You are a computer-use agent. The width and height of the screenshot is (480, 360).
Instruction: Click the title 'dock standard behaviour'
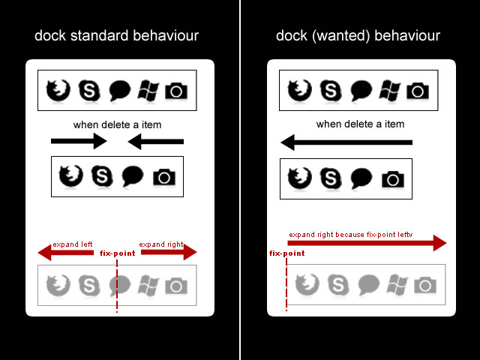[x=116, y=35]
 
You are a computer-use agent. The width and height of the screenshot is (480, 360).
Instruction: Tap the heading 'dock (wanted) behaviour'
[x=358, y=35]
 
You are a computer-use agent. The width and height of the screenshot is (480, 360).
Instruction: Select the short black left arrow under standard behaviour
[x=156, y=140]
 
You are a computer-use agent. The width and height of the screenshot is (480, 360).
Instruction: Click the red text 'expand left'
[x=72, y=244]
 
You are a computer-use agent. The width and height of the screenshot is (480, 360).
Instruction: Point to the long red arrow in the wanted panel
[x=367, y=242]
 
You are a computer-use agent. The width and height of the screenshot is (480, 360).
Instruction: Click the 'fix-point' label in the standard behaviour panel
[x=118, y=253]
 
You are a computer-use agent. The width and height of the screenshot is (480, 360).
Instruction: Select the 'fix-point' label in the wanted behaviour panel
[x=286, y=253]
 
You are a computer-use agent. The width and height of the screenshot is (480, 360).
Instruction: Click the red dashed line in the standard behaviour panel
[x=117, y=289]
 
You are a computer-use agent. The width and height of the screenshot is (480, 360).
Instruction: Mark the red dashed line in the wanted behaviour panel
[x=286, y=289]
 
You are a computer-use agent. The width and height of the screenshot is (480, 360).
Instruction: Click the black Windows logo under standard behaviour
[x=148, y=91]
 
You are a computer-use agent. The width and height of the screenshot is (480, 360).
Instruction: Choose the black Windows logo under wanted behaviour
[x=390, y=91]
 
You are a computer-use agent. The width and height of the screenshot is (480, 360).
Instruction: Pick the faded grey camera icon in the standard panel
[x=176, y=285]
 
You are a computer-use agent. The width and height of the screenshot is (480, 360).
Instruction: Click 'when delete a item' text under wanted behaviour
[x=360, y=124]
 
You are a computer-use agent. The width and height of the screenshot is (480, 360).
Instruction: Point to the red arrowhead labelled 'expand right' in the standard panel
[x=187, y=253]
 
